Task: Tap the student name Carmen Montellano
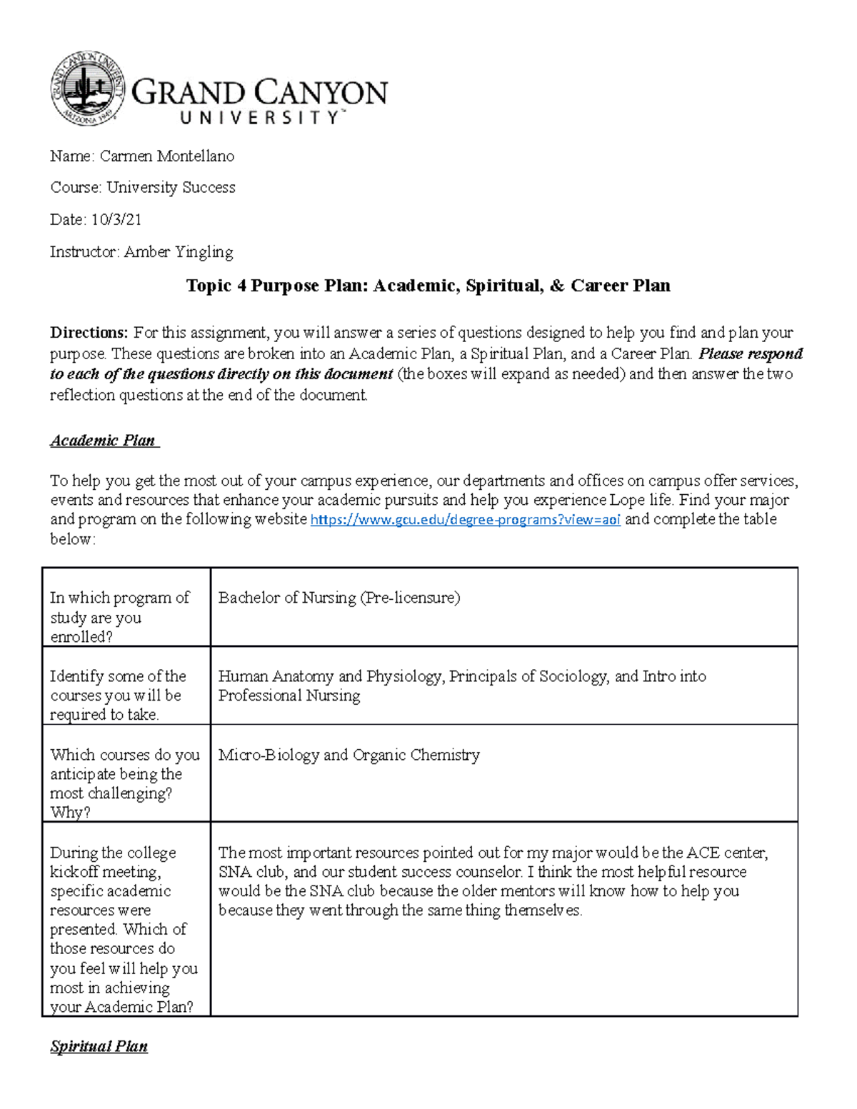[x=166, y=156]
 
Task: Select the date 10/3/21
[x=116, y=220]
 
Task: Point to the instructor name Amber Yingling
[x=178, y=252]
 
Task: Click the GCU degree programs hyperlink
[x=465, y=520]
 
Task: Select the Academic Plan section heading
[x=104, y=441]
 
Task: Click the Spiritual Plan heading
[x=99, y=1047]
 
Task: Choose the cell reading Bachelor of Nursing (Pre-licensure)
[x=339, y=598]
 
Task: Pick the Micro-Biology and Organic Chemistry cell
[x=349, y=755]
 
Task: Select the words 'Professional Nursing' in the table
[x=289, y=696]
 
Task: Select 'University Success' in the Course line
[x=171, y=188]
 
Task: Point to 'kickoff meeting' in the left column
[x=106, y=872]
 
